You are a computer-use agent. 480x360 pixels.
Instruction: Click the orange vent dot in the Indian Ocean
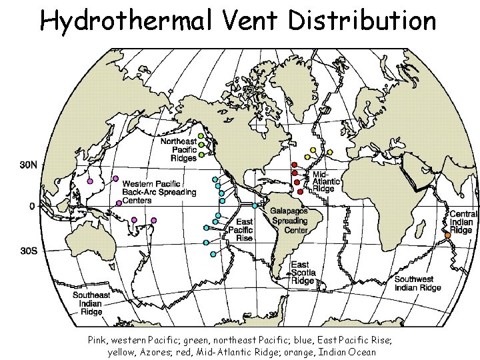(x=447, y=235)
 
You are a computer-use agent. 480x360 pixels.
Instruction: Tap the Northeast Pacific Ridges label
(x=178, y=150)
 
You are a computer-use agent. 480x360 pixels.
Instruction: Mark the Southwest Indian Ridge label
(x=417, y=283)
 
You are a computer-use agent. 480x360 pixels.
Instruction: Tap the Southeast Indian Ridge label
(x=91, y=303)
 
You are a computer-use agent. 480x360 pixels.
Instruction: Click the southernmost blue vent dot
(x=212, y=254)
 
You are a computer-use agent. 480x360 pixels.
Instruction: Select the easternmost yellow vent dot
(x=329, y=152)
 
